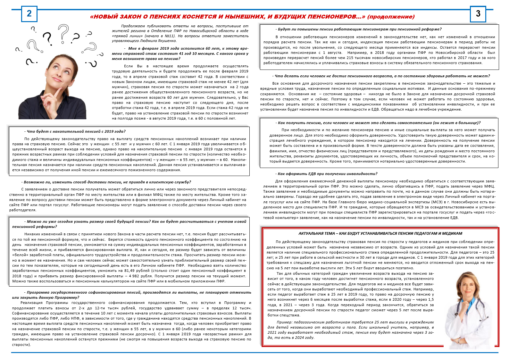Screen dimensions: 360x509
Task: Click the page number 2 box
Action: pyautogui.click(x=29, y=14)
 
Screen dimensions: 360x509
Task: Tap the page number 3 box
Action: pyautogui.click(x=478, y=14)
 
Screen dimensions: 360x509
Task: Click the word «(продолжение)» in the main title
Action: pyautogui.click(x=391, y=17)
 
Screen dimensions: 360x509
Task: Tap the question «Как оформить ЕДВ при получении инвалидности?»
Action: pyautogui.click(x=327, y=174)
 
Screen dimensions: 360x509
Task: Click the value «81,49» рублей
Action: pyautogui.click(x=131, y=271)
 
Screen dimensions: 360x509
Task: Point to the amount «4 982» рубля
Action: pyautogui.click(x=135, y=276)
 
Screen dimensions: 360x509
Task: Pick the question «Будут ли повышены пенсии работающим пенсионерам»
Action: pyautogui.click(x=359, y=29)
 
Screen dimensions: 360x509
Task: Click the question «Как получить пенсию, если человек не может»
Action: pyautogui.click(x=378, y=123)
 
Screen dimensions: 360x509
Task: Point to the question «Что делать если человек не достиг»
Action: pyautogui.click(x=381, y=76)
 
